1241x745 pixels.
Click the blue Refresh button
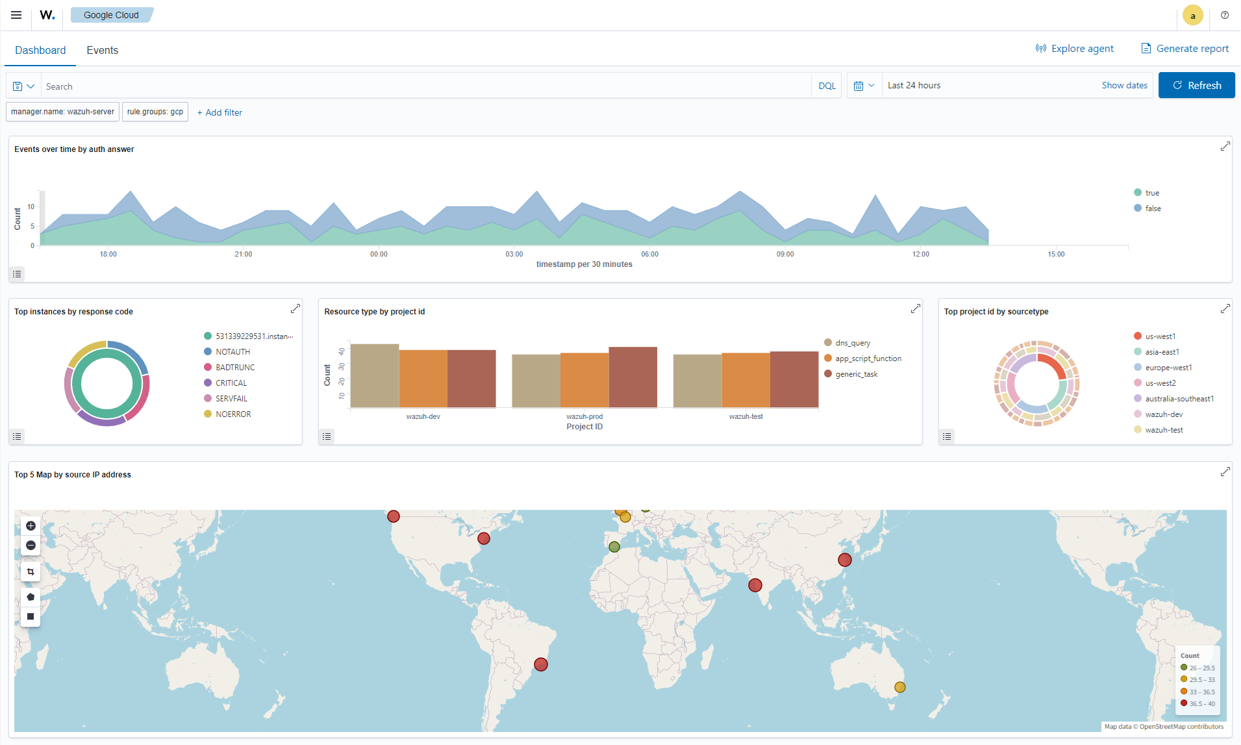pyautogui.click(x=1196, y=85)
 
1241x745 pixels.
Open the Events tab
pyautogui.click(x=102, y=50)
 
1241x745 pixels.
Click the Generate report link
pyautogui.click(x=1185, y=49)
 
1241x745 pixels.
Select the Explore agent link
pyautogui.click(x=1075, y=49)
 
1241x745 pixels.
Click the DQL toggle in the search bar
pyautogui.click(x=827, y=86)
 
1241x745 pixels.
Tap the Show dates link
pyautogui.click(x=1124, y=85)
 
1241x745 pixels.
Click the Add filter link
pyautogui.click(x=219, y=112)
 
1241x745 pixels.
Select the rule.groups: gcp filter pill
pyautogui.click(x=155, y=112)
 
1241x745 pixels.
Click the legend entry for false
pyautogui.click(x=1153, y=208)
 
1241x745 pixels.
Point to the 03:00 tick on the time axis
pyautogui.click(x=514, y=253)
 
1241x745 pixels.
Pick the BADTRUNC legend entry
pyautogui.click(x=234, y=368)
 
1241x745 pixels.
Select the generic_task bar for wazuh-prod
pyautogui.click(x=633, y=377)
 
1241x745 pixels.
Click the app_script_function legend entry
pyautogui.click(x=868, y=359)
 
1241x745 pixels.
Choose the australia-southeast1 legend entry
pyautogui.click(x=1179, y=399)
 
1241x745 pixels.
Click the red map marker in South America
pyautogui.click(x=541, y=664)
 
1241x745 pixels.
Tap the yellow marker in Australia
pyautogui.click(x=899, y=687)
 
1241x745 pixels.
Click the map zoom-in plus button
pyautogui.click(x=31, y=526)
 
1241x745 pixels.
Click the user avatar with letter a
pyautogui.click(x=1192, y=16)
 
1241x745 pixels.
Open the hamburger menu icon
pyautogui.click(x=16, y=15)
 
